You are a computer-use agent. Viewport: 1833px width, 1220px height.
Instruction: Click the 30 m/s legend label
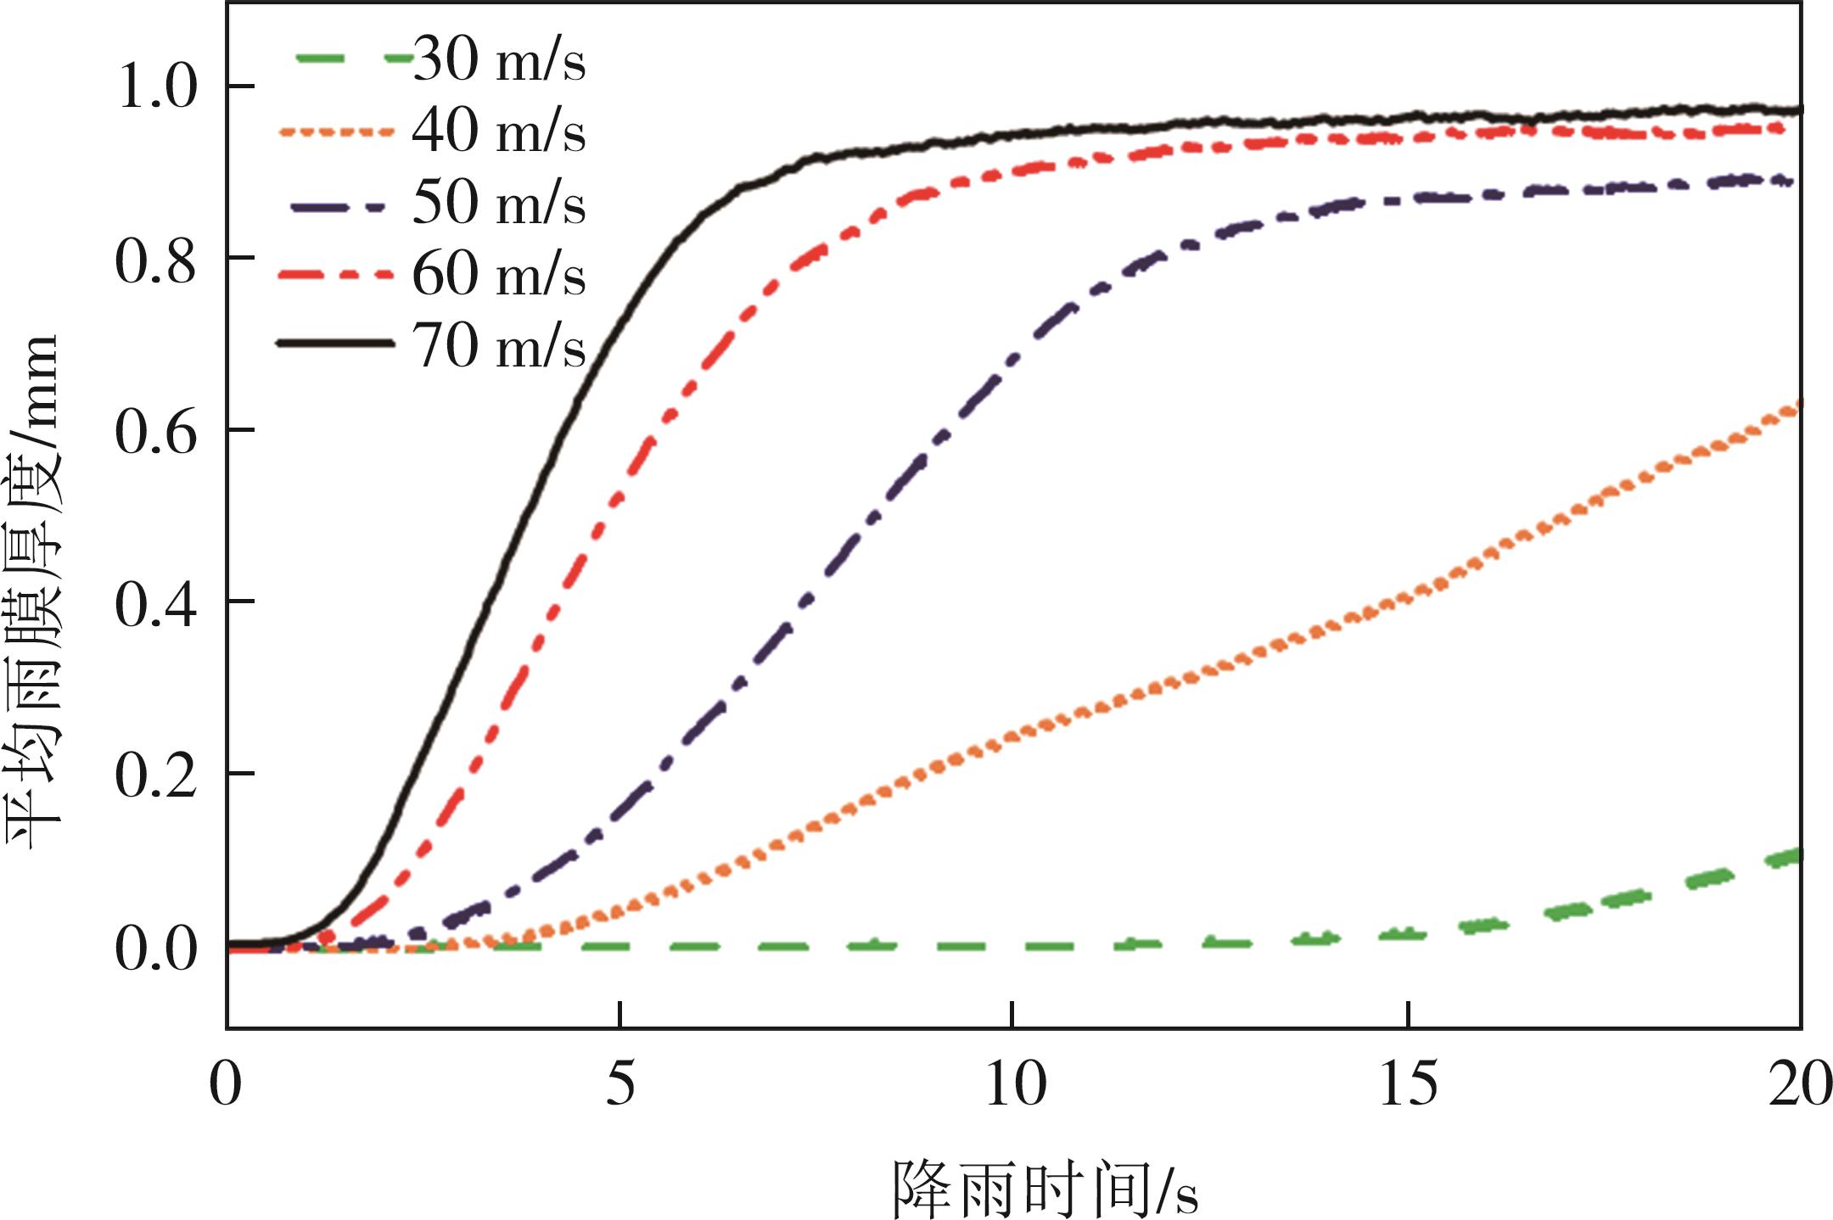[x=499, y=60]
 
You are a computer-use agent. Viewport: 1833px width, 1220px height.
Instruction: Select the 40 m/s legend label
[x=499, y=132]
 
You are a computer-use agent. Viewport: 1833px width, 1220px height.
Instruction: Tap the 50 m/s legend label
[x=499, y=204]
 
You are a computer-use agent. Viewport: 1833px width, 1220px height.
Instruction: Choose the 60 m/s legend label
[x=499, y=275]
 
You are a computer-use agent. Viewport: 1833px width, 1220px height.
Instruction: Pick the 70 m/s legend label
[x=499, y=346]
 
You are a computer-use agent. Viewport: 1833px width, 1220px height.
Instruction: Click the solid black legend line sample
[x=336, y=344]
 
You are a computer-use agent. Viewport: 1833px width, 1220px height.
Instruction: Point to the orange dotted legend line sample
[x=336, y=132]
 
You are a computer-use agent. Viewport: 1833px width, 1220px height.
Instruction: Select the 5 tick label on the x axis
[x=620, y=1084]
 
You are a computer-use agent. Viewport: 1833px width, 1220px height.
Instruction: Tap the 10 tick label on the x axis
[x=1015, y=1084]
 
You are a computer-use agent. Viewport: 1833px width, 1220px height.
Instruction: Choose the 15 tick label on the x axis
[x=1409, y=1084]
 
